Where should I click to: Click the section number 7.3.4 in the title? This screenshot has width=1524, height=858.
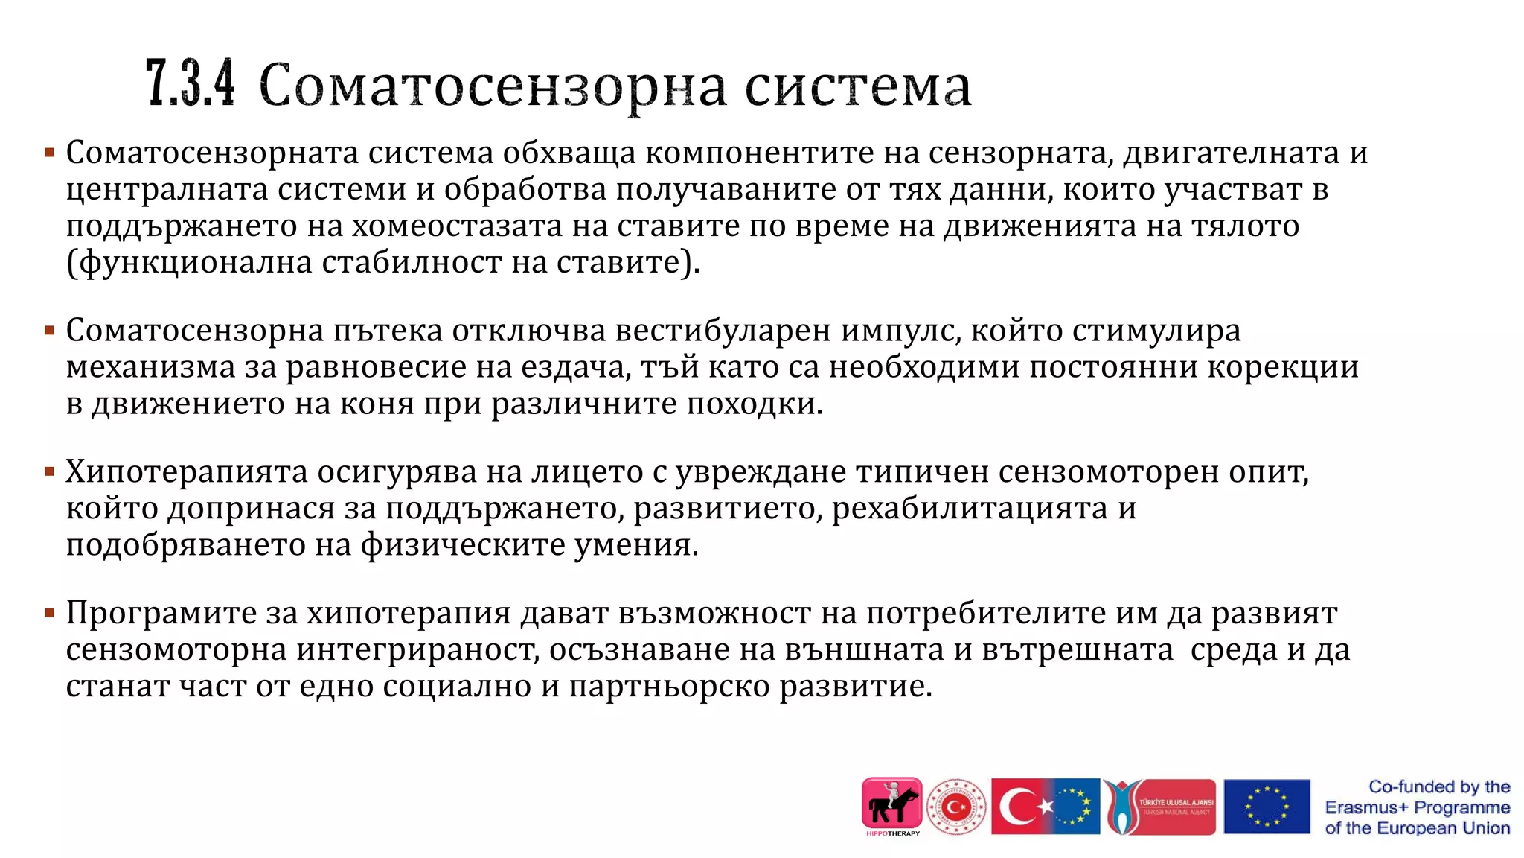click(x=190, y=84)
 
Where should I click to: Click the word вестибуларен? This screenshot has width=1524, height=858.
click(x=723, y=331)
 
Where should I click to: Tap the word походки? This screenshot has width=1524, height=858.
click(x=755, y=404)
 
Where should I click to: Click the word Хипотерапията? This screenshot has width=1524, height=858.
click(x=186, y=472)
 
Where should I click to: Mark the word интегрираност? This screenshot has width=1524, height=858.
click(x=417, y=649)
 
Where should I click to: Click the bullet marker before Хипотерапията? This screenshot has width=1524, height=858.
click(x=50, y=472)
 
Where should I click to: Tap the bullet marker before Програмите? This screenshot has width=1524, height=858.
click(x=50, y=614)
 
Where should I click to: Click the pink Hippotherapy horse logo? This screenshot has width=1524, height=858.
click(x=891, y=805)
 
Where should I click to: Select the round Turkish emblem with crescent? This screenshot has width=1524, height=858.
click(x=956, y=807)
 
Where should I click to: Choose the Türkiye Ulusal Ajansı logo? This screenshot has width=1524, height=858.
click(x=1159, y=807)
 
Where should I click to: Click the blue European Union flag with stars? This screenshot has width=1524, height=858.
click(x=1267, y=807)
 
